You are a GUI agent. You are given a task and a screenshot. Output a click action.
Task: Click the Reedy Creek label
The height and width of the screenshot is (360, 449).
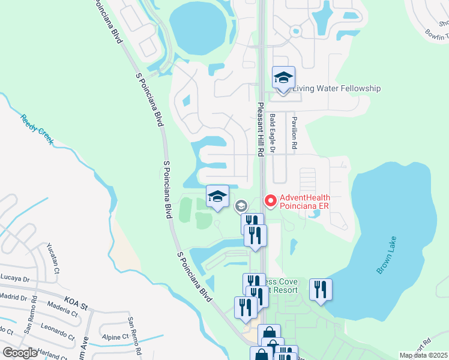(37, 130)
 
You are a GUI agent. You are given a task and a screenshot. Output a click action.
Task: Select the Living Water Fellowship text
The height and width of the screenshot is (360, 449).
(336, 89)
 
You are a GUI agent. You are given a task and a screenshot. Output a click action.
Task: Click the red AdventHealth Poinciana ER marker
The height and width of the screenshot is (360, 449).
(270, 200)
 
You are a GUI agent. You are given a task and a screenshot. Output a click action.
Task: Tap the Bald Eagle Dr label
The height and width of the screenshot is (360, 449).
(272, 133)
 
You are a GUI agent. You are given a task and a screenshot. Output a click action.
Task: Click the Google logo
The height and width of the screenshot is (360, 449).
(20, 353)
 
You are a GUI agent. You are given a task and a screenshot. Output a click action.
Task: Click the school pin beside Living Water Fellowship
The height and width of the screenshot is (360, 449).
(283, 77)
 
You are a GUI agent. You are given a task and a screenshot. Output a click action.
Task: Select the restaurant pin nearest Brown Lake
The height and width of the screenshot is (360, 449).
(321, 290)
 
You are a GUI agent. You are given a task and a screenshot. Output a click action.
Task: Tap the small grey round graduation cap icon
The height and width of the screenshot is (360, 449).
(241, 206)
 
